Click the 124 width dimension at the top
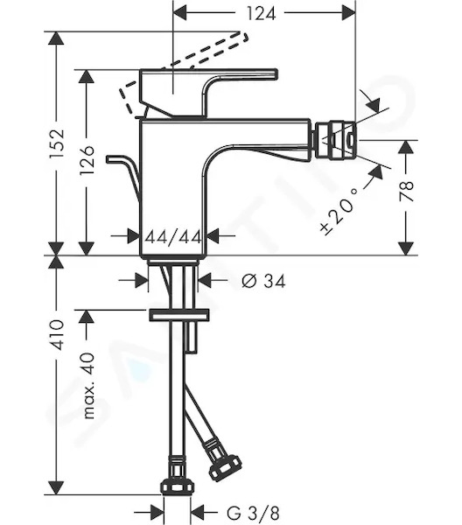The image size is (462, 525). click(x=261, y=14)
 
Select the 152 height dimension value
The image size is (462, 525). click(x=56, y=144)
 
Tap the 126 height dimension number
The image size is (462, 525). click(x=87, y=160)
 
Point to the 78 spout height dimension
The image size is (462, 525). click(x=406, y=191)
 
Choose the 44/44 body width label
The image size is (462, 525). click(x=174, y=237)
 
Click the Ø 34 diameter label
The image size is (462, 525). click(x=263, y=281)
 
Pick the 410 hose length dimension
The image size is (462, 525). click(x=56, y=335)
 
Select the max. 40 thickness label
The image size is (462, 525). click(x=88, y=386)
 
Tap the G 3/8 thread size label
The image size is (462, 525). click(x=252, y=513)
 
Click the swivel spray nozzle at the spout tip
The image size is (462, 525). click(x=335, y=140)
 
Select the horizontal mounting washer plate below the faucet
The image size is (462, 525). click(x=179, y=315)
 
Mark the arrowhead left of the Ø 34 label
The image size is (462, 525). click(x=142, y=281)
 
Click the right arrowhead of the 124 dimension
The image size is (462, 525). click(x=348, y=13)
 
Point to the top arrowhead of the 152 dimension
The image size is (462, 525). click(x=56, y=38)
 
